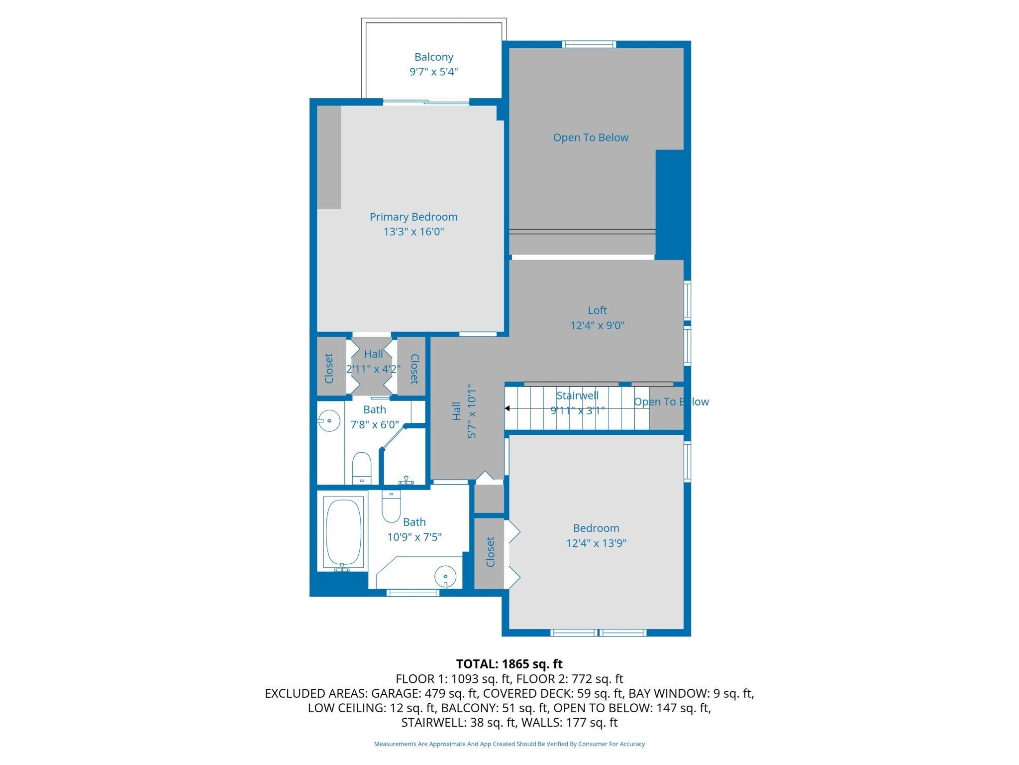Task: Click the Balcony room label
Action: tap(433, 57)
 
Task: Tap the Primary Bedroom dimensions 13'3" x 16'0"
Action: tap(413, 232)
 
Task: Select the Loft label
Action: tap(597, 310)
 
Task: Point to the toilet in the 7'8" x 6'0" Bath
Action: tap(362, 467)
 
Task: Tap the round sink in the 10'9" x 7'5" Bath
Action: tap(445, 577)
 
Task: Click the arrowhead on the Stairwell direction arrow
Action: tap(508, 408)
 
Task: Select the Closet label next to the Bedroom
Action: tap(490, 552)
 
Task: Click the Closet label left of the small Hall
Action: tap(329, 369)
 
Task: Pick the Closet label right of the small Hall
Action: tap(414, 369)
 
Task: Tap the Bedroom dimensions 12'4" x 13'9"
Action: tap(596, 543)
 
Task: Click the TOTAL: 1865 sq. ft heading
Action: tap(509, 664)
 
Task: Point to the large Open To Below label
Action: tap(591, 137)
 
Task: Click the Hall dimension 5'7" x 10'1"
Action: tap(472, 411)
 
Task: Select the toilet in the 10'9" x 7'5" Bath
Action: tap(391, 507)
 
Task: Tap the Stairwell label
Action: tap(577, 395)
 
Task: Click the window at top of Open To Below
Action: tap(589, 44)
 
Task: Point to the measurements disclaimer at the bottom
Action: tap(509, 744)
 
